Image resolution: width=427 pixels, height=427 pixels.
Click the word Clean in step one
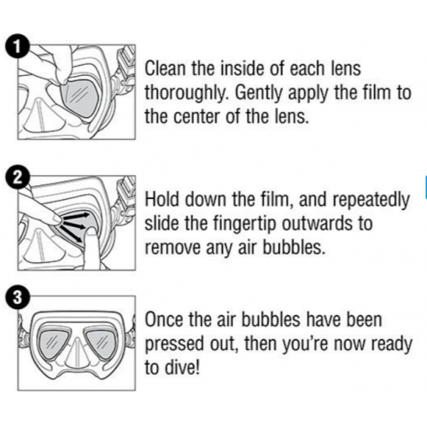point(167,68)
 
